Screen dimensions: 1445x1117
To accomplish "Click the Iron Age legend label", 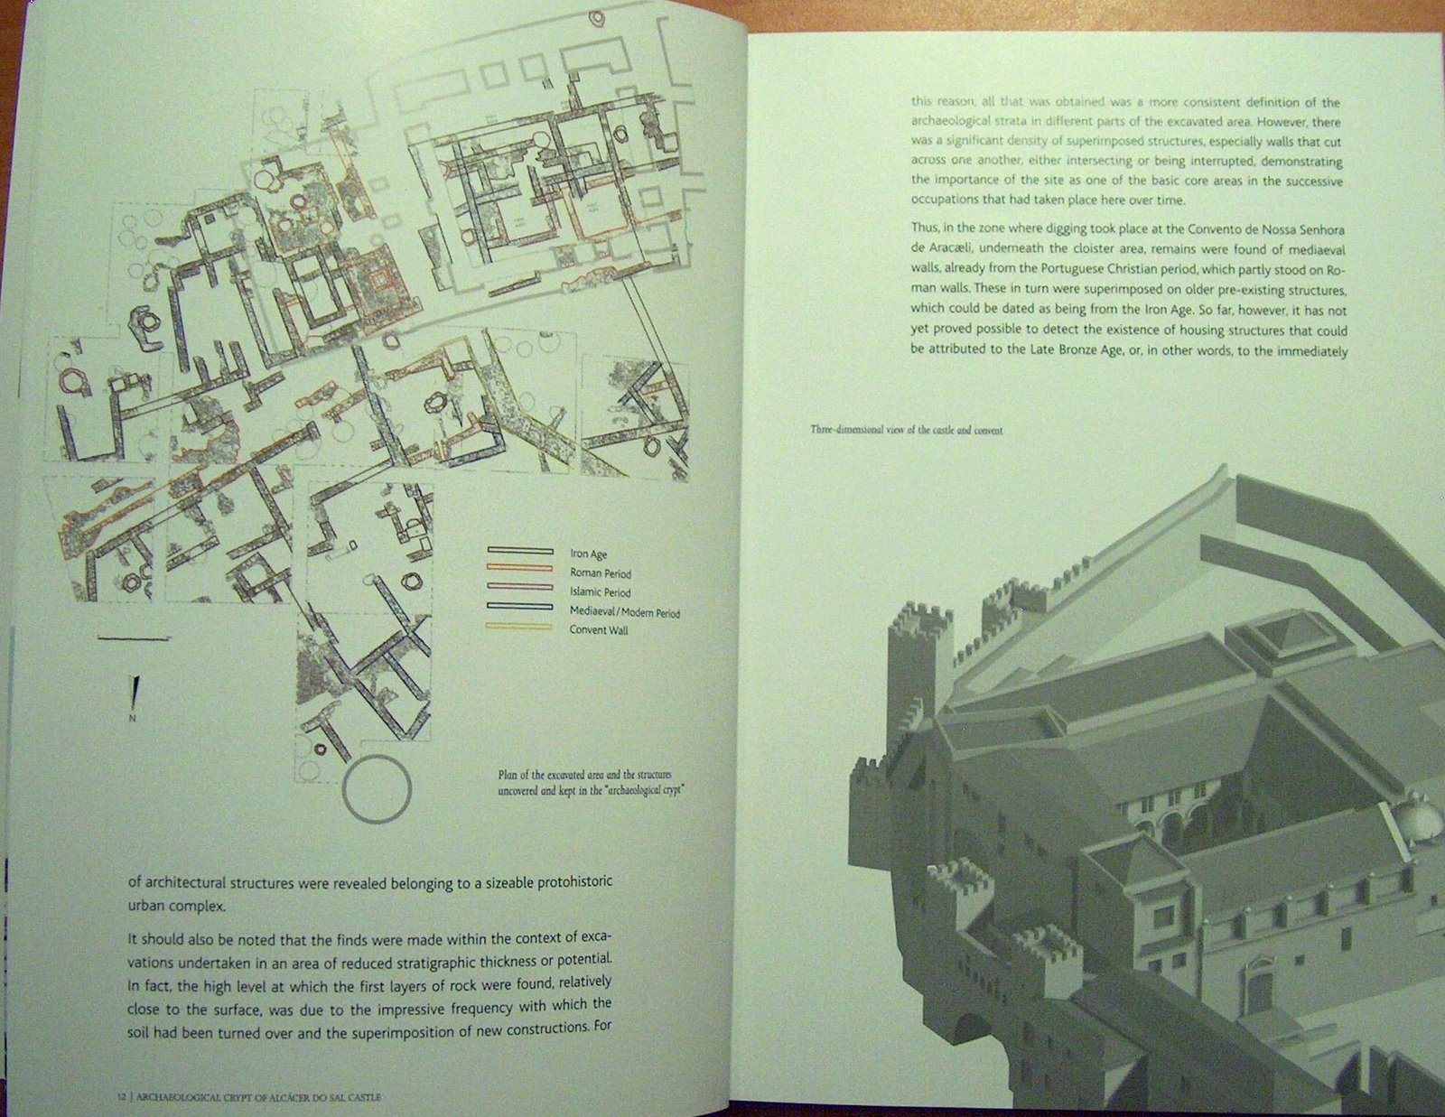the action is click(x=588, y=554).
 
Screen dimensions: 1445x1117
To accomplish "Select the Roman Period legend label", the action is click(x=600, y=573).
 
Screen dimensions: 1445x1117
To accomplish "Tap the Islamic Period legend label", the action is click(x=600, y=591).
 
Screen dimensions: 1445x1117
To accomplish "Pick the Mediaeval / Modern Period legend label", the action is click(x=624, y=612).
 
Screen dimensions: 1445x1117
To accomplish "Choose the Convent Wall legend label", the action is click(x=599, y=629).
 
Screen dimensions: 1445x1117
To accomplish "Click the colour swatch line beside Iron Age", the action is click(x=520, y=551).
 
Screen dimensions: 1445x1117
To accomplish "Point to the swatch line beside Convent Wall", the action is click(x=518, y=626).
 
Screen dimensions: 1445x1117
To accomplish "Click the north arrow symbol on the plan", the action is click(x=135, y=694).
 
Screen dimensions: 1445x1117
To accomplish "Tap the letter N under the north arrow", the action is click(x=132, y=719).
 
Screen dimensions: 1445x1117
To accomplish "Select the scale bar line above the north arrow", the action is click(x=134, y=639).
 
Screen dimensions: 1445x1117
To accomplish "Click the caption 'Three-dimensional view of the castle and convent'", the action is click(x=907, y=430).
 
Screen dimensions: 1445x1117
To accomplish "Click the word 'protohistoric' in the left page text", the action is click(x=571, y=884).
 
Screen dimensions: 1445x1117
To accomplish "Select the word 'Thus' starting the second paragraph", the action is click(x=922, y=228).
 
